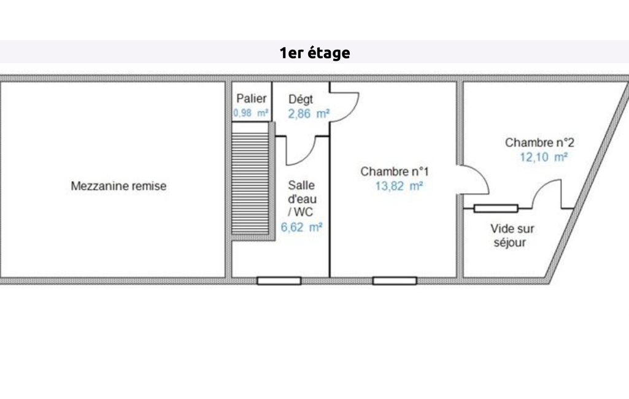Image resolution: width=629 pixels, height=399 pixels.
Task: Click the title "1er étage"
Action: (x=314, y=53)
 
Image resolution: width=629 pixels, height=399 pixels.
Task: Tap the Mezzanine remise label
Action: (x=118, y=186)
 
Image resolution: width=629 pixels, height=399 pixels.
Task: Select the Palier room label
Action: (x=252, y=98)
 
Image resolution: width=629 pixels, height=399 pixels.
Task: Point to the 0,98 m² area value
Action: (x=251, y=113)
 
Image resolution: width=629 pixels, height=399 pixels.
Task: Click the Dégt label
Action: (x=301, y=99)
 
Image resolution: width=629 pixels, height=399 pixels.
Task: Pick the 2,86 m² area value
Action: (x=309, y=114)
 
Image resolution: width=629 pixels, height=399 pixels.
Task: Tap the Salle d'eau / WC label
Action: (x=302, y=199)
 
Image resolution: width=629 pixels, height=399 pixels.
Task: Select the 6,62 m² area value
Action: (x=301, y=228)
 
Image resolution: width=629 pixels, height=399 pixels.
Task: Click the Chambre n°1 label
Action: (x=395, y=171)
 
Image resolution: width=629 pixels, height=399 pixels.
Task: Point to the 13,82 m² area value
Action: (x=399, y=186)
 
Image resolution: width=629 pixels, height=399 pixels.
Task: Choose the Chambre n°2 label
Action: (x=539, y=142)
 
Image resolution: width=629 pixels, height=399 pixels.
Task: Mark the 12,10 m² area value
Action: (x=544, y=157)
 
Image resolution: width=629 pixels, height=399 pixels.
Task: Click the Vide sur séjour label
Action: (x=512, y=236)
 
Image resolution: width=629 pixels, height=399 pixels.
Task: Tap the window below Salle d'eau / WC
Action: (x=279, y=281)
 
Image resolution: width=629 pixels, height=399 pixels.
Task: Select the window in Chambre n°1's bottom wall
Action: (x=395, y=281)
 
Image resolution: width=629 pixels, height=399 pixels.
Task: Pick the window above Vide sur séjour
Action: (x=496, y=208)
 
